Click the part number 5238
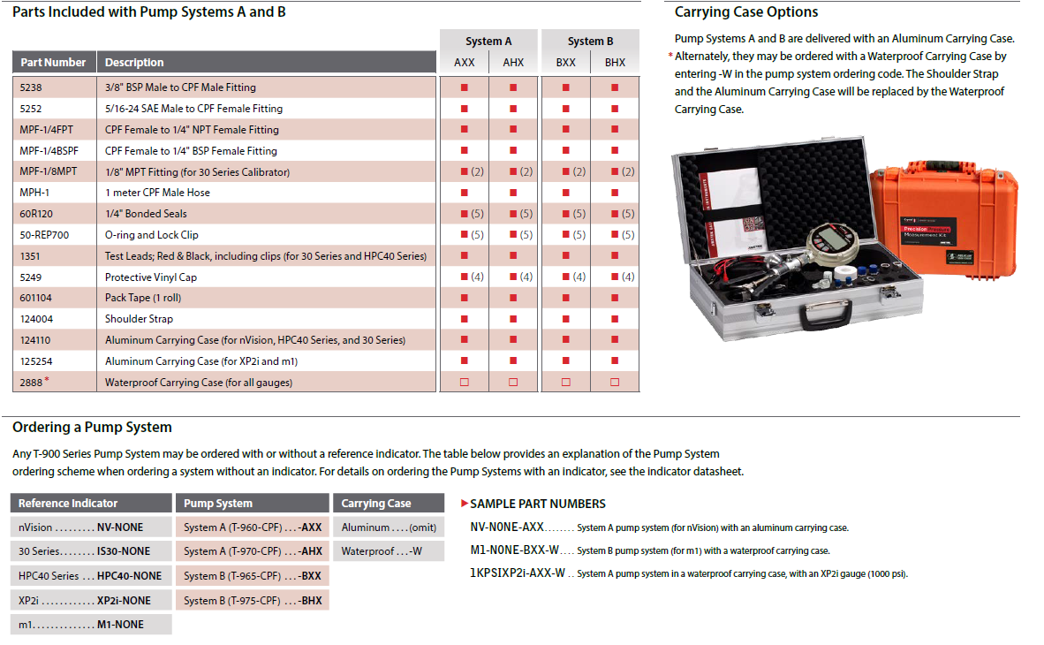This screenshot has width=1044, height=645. click(x=30, y=87)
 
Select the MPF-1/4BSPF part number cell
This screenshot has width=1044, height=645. click(x=49, y=150)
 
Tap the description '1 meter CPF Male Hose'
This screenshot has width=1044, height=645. click(x=157, y=193)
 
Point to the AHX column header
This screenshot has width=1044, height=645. click(x=513, y=63)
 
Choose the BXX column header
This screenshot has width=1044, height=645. click(x=565, y=63)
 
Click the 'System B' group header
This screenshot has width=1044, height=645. click(x=590, y=42)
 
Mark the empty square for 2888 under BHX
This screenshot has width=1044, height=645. click(x=615, y=383)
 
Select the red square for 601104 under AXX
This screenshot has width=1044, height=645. click(x=464, y=298)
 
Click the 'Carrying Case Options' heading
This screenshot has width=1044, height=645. click(x=746, y=12)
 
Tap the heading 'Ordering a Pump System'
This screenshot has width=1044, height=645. click(x=92, y=428)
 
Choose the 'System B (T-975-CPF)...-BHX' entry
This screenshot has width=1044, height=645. click(x=253, y=600)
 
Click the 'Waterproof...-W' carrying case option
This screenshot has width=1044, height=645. click(x=382, y=551)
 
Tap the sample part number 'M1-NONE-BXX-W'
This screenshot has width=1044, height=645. click(x=515, y=550)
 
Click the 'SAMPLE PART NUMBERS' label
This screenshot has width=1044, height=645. click(x=537, y=504)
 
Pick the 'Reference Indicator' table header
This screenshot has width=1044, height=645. click(x=68, y=504)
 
